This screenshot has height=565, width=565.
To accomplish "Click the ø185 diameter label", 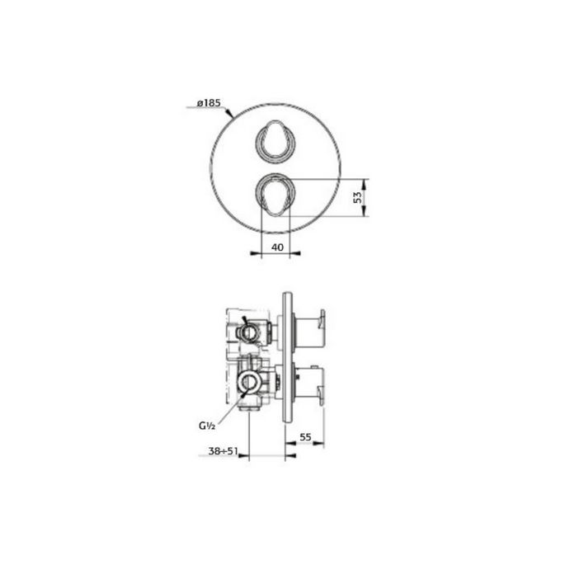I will [209, 104].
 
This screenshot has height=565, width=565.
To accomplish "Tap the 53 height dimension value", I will [357, 198].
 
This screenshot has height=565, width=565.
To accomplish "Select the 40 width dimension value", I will [277, 247].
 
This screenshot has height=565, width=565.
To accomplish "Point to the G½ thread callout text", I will [207, 426].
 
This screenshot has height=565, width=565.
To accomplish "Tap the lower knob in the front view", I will [275, 196].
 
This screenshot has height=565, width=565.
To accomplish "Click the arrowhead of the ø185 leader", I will [233, 115].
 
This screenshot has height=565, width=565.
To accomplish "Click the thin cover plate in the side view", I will [285, 357].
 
